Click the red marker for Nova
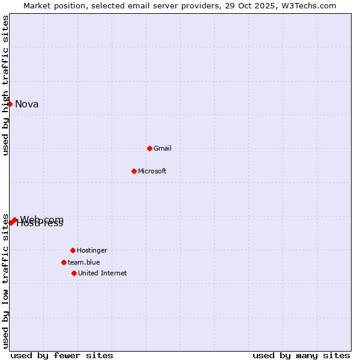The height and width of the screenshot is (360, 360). pos(10,104)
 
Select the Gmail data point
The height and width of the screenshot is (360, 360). pos(149,148)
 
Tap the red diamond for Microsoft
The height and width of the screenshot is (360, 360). pos(134,171)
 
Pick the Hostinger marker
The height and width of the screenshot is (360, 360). pos(73,250)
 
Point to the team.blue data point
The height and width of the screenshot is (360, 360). pos(64,262)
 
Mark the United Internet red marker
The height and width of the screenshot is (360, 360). pos(74,273)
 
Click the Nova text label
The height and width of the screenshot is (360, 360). pos(27,104)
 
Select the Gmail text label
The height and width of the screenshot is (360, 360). pos(163,149)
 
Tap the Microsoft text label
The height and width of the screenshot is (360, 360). pos(152,172)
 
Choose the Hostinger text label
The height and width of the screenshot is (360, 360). pos(92,251)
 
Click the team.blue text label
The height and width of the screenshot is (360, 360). pos(84,263)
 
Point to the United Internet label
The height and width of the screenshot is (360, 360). pos(103,274)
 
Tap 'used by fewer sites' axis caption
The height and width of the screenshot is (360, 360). pos(62,356)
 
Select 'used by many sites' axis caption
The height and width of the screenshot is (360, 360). pos(301,356)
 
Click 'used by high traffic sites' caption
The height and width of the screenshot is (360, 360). pos(6,85)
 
